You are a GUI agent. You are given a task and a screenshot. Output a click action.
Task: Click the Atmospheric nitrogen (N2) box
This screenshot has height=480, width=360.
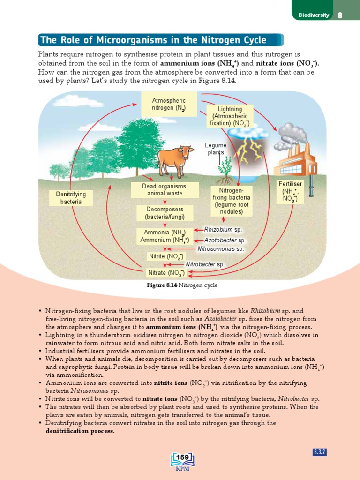tap(169, 105)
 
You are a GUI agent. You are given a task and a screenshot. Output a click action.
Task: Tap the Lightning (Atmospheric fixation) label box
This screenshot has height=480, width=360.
tap(230, 116)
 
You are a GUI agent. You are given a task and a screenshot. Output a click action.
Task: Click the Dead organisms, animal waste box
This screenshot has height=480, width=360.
tap(165, 190)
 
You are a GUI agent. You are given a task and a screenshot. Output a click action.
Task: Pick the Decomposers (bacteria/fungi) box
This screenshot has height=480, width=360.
tap(165, 213)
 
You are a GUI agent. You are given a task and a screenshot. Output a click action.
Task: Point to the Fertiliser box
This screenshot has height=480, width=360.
tap(290, 191)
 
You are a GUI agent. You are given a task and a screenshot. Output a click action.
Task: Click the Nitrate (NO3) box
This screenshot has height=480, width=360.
tap(165, 272)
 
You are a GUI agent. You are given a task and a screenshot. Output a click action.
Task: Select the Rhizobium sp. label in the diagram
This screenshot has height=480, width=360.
tap(222, 230)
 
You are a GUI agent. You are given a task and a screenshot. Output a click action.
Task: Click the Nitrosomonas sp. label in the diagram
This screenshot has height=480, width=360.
tap(221, 249)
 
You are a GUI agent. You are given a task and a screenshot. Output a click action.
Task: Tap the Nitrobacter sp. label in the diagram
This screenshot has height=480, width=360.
tap(205, 264)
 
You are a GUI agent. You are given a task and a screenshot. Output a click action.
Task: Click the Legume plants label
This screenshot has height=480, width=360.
tap(217, 149)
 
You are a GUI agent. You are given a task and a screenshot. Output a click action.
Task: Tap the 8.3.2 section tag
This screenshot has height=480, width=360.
tap(319, 452)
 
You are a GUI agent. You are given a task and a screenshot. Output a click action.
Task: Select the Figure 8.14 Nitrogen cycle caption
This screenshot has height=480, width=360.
tap(182, 285)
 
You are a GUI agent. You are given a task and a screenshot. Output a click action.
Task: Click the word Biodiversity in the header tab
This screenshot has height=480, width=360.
tap(314, 15)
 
